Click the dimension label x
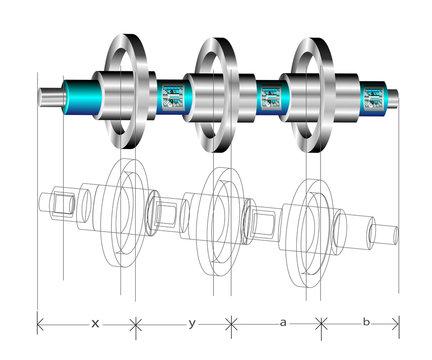(95, 323)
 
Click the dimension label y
(192, 323)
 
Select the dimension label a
(283, 323)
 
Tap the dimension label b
(366, 322)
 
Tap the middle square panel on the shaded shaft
(271, 98)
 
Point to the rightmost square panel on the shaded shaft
(373, 98)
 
